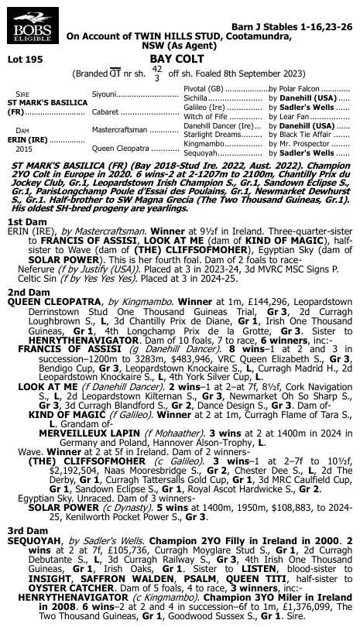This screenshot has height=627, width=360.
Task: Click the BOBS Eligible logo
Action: (x=26, y=31)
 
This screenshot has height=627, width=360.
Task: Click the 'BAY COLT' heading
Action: (x=179, y=57)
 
